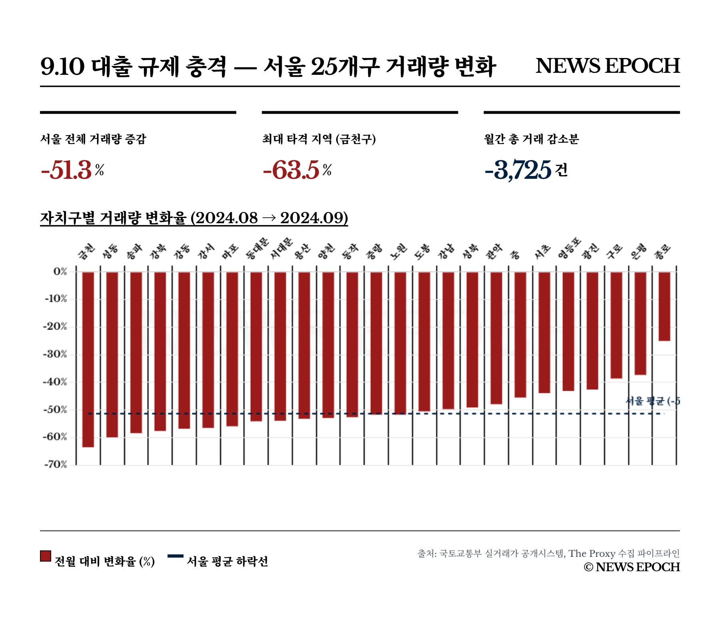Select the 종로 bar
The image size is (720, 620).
coord(664,306)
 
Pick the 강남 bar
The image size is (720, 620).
coord(448,340)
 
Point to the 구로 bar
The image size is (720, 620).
coord(616,325)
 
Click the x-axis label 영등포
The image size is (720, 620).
coord(569,248)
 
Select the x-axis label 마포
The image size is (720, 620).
coord(231,251)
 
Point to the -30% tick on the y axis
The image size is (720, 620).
coord(55,354)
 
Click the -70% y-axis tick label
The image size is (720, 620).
coord(55,465)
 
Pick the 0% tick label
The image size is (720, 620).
coord(60,272)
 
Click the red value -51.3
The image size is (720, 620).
coord(67,170)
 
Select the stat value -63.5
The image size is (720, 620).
coord(291,170)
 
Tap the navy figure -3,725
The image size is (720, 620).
coord(518,170)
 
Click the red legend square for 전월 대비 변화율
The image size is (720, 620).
coord(46,556)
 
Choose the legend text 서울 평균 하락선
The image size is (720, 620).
coord(227,562)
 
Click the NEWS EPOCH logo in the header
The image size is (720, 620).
coord(608,66)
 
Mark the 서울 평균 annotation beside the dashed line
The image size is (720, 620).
coord(652,401)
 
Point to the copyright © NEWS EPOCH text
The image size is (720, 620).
coord(632,567)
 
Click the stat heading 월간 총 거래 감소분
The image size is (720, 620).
coord(531,139)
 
